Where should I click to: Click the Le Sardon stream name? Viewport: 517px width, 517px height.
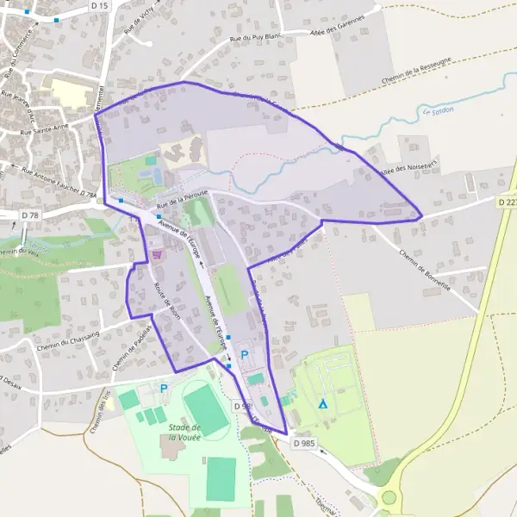(x=439, y=111)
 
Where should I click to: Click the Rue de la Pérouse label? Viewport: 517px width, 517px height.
(x=184, y=200)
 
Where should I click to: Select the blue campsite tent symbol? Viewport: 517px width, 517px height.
(x=323, y=403)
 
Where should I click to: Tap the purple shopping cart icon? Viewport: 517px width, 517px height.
(x=157, y=254)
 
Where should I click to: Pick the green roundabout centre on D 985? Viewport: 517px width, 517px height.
(x=389, y=497)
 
